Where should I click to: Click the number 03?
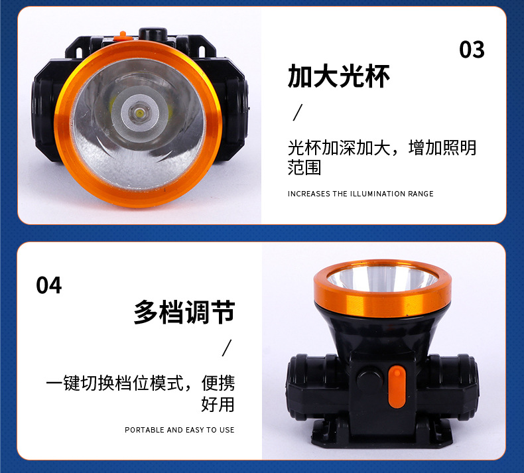pos(472,50)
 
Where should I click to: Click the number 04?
pos(49,285)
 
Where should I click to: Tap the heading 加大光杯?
pos(338,76)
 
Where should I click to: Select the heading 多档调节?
pos(184,312)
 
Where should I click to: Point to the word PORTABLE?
pos(145,430)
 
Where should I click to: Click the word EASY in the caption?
pos(195,430)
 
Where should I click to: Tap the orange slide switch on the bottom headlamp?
pos(397,387)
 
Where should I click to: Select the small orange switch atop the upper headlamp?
pos(122,36)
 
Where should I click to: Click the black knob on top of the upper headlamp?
pos(153,33)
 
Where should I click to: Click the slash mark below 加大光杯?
pos(297,112)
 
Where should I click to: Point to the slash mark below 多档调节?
pos(227,348)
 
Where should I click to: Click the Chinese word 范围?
pos(304,167)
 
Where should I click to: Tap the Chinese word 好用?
pos(218,404)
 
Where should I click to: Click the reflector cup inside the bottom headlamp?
pos(382,278)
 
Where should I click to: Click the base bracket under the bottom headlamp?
pos(382,434)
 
